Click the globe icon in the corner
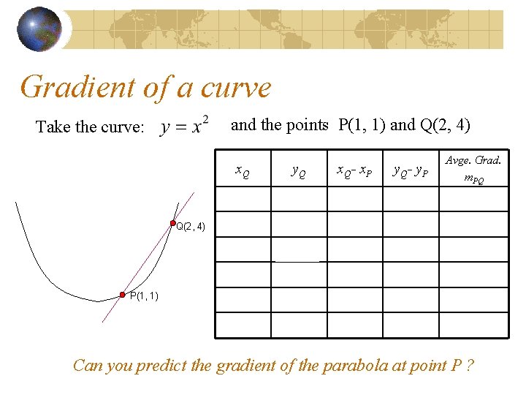(x=39, y=29)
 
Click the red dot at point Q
(x=173, y=222)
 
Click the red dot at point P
(x=123, y=295)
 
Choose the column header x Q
(x=242, y=173)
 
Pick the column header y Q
(x=299, y=173)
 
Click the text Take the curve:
(x=90, y=127)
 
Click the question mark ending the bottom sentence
(x=470, y=365)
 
